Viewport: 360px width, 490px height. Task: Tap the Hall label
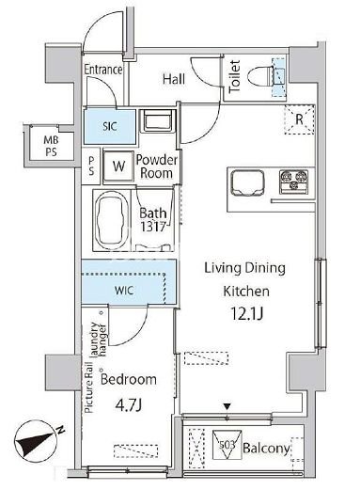[x=174, y=79]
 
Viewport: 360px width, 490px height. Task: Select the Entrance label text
[x=103, y=70]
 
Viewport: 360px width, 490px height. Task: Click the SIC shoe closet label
[x=110, y=126]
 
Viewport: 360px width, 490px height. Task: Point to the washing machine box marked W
[x=118, y=166]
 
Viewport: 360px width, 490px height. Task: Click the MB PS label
[x=51, y=146]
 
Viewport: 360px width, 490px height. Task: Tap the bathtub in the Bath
[x=112, y=220]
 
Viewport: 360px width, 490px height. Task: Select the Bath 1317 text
[x=152, y=220]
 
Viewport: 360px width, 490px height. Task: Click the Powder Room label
[x=156, y=166]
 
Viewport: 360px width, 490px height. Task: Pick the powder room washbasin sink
[x=158, y=120]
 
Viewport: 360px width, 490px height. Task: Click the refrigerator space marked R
[x=299, y=119]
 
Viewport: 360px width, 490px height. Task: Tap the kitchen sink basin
[x=247, y=183]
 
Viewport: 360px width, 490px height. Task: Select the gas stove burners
[x=293, y=181]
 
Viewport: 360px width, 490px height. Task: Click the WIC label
[x=124, y=290]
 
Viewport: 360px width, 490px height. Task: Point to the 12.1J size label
[x=246, y=313]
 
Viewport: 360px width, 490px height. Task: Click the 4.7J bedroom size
[x=129, y=405]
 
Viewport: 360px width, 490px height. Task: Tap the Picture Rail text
[x=89, y=387]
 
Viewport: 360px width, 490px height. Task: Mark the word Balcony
[x=266, y=449]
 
